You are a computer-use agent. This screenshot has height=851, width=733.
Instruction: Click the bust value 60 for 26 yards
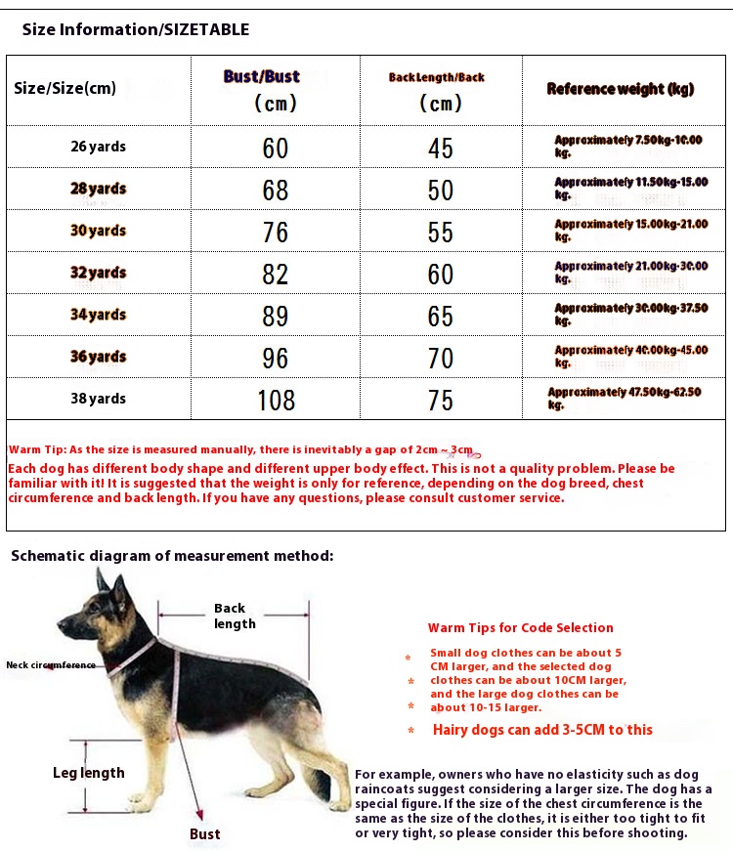tap(276, 148)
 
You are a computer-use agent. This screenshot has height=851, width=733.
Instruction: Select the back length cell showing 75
tap(441, 399)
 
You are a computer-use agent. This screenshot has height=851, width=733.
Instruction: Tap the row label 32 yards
tap(98, 273)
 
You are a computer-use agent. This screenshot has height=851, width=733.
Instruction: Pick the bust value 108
tap(276, 399)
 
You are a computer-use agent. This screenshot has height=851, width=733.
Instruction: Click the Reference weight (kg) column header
tap(620, 89)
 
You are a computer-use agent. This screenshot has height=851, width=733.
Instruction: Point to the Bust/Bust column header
tap(261, 77)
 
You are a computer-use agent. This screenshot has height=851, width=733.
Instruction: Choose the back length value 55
tap(441, 232)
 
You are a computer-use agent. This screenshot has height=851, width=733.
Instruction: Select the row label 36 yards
tap(98, 357)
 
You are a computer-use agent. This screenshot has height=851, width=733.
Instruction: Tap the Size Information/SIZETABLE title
tap(136, 29)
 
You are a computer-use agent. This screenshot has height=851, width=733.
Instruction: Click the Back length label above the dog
tap(235, 616)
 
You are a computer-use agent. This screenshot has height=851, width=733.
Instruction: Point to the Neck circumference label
tap(51, 665)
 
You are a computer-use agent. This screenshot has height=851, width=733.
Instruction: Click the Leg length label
tap(89, 773)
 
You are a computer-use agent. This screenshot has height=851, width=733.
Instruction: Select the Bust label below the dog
tap(205, 833)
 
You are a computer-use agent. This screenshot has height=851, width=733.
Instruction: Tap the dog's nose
tap(60, 622)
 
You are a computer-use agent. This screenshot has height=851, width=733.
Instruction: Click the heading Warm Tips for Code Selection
tap(521, 627)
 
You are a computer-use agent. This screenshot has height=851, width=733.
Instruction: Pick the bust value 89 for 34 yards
tap(276, 316)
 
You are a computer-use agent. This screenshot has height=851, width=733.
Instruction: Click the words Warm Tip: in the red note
tap(38, 449)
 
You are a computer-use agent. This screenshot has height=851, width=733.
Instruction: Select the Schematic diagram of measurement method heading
tap(172, 556)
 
